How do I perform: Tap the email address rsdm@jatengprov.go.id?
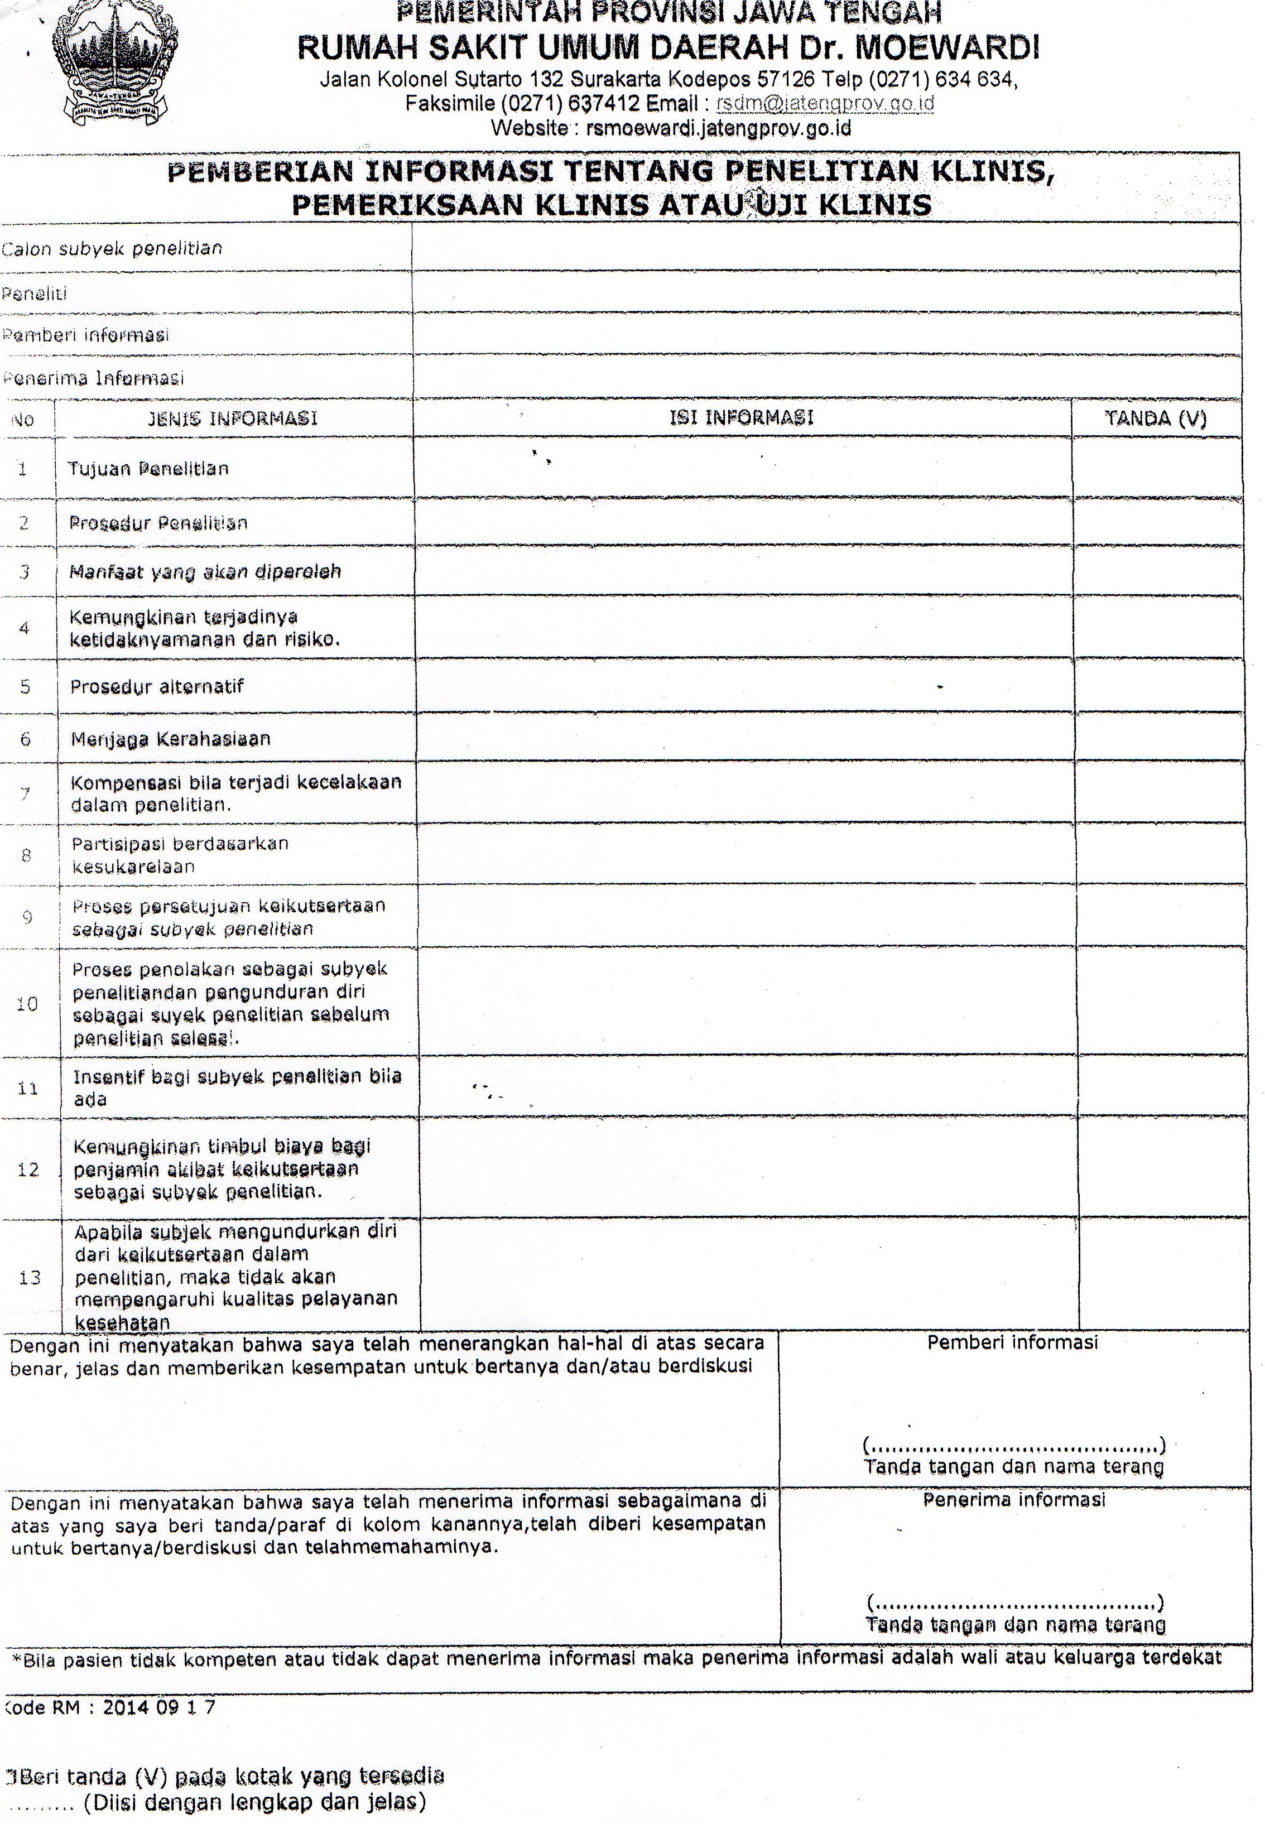tap(824, 103)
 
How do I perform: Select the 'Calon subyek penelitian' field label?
tap(112, 249)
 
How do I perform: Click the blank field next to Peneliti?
tap(824, 292)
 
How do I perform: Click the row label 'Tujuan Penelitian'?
tap(148, 468)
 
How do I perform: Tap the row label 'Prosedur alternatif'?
tap(157, 686)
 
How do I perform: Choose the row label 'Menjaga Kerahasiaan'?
tap(170, 739)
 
